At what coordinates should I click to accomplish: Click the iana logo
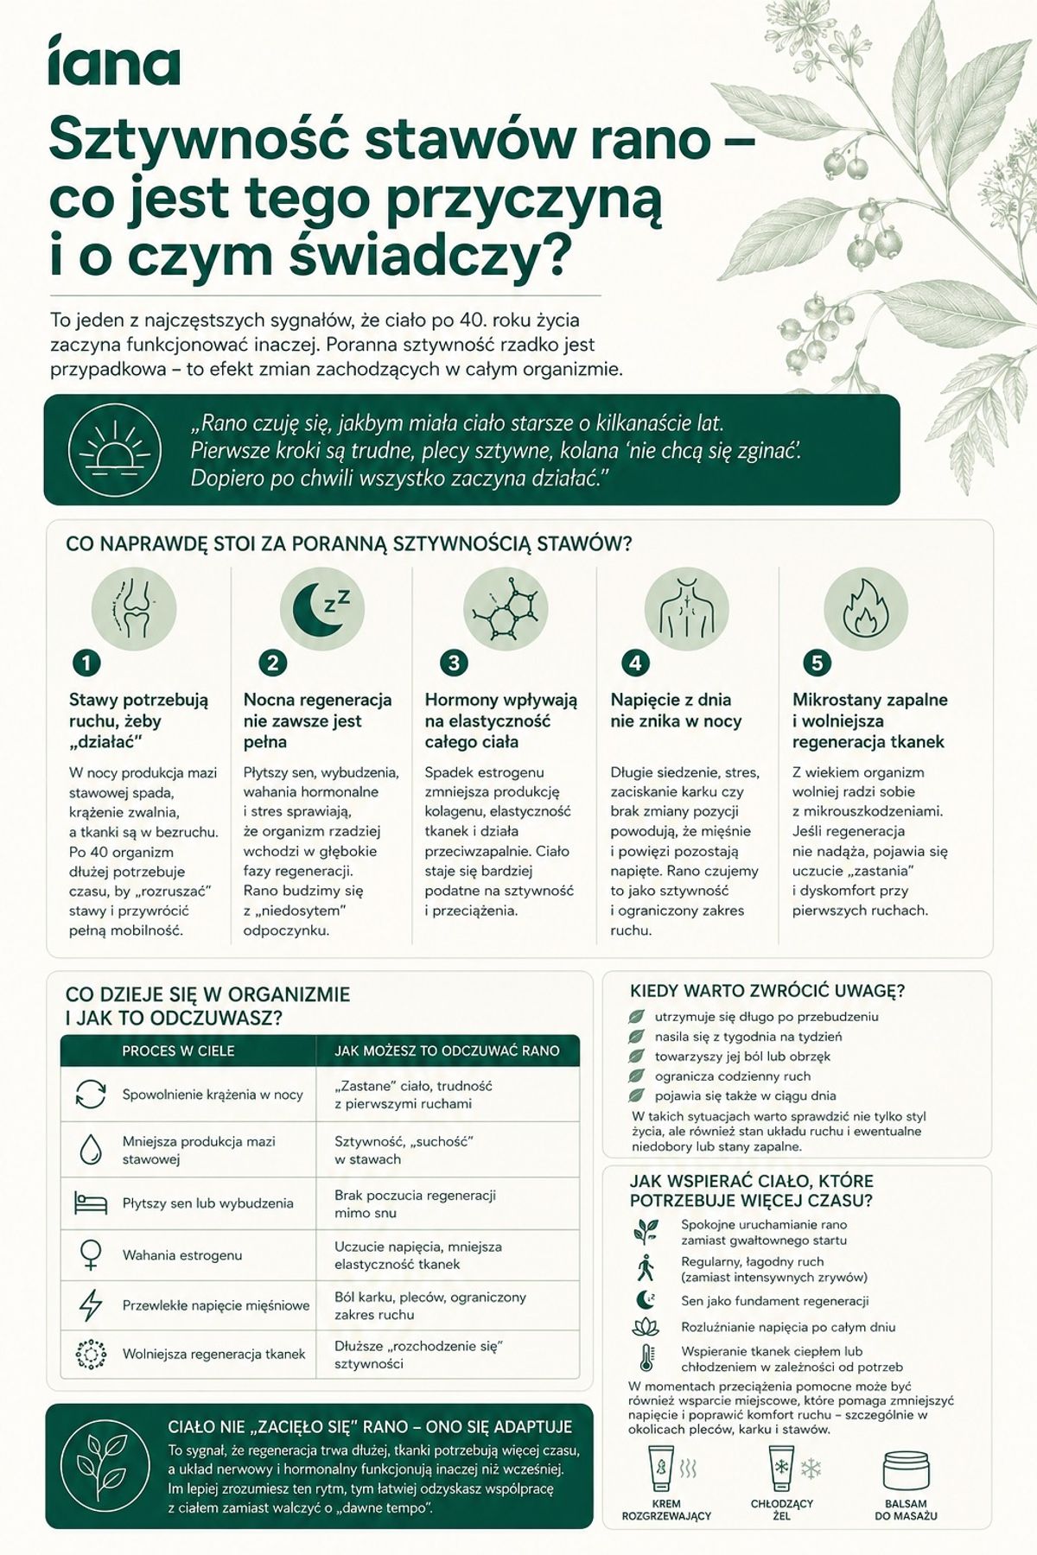pyautogui.click(x=114, y=60)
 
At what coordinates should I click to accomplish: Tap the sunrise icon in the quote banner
pyautogui.click(x=114, y=449)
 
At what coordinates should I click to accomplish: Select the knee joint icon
pyautogui.click(x=134, y=608)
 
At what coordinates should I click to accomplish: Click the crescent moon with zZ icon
pyautogui.click(x=322, y=608)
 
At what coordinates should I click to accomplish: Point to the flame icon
pyautogui.click(x=866, y=608)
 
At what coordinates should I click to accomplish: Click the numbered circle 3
pyautogui.click(x=453, y=663)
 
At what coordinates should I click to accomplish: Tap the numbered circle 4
pyautogui.click(x=635, y=663)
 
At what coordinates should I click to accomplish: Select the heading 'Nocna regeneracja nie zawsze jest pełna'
pyautogui.click(x=317, y=720)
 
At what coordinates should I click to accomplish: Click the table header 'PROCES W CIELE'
pyautogui.click(x=178, y=1050)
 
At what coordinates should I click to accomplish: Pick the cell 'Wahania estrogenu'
pyautogui.click(x=182, y=1254)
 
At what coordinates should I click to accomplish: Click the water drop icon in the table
pyautogui.click(x=90, y=1149)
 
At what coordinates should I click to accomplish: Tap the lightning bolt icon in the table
pyautogui.click(x=90, y=1305)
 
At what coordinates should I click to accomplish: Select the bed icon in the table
pyautogui.click(x=90, y=1203)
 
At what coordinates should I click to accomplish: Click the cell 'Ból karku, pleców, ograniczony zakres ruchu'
pyautogui.click(x=430, y=1305)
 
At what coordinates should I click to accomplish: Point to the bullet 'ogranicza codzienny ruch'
pyautogui.click(x=733, y=1076)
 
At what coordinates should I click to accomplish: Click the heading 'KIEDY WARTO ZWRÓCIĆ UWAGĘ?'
pyautogui.click(x=767, y=991)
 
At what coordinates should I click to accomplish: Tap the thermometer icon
pyautogui.click(x=646, y=1358)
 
